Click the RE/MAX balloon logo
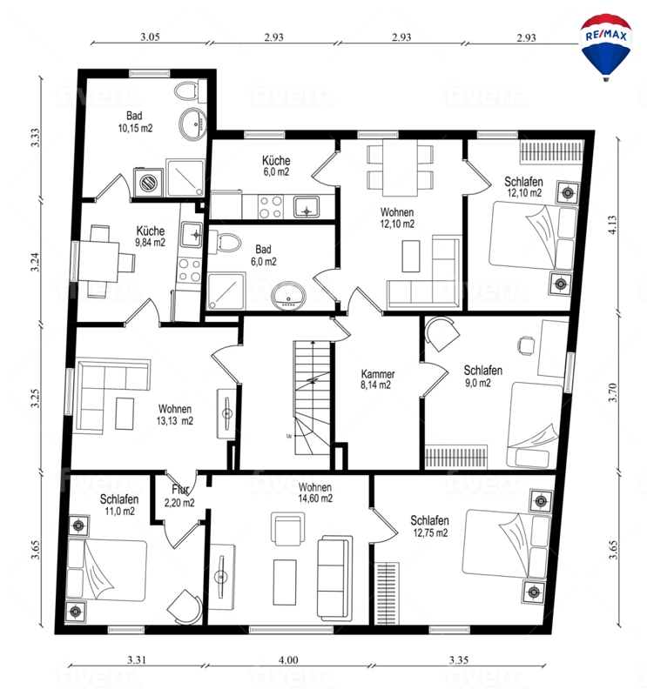coord(605,47)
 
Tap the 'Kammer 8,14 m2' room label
coord(377,379)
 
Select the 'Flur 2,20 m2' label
coord(179,496)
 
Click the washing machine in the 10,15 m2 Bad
coord(147,182)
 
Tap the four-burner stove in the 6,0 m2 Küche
coord(271,207)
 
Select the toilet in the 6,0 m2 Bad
coord(225,243)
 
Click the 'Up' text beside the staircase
coord(289,437)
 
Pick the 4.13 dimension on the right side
coord(612,224)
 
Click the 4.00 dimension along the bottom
coord(288,660)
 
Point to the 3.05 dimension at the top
coord(150,37)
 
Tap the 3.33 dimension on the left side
coord(35,137)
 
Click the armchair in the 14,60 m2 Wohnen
coord(287,529)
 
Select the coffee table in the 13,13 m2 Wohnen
coord(125,413)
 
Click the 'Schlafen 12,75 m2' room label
coord(429,526)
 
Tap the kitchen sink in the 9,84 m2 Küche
coord(192,235)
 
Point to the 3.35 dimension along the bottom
coord(458,660)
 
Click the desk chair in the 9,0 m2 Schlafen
coord(526,345)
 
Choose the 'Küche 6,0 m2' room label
coord(276,166)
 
